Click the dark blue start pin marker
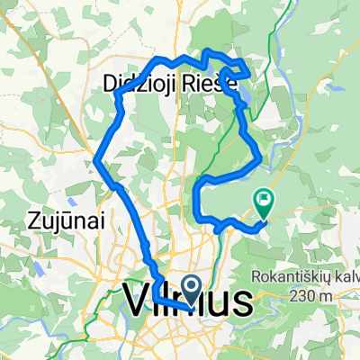pos(192,288)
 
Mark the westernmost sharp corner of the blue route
pos(94,162)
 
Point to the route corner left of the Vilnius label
pos(154,295)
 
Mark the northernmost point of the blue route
pos(209,50)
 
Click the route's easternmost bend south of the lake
pos(260,160)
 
